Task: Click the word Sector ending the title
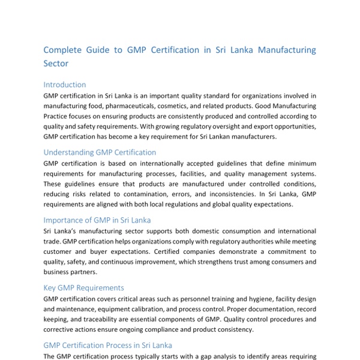pyautogui.click(x=56, y=63)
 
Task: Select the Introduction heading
pyautogui.click(x=65, y=85)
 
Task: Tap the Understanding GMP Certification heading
pyautogui.click(x=100, y=152)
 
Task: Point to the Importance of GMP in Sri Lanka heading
pyautogui.click(x=97, y=220)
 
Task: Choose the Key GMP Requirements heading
pyautogui.click(x=84, y=288)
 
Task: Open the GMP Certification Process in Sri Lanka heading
pyautogui.click(x=108, y=345)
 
